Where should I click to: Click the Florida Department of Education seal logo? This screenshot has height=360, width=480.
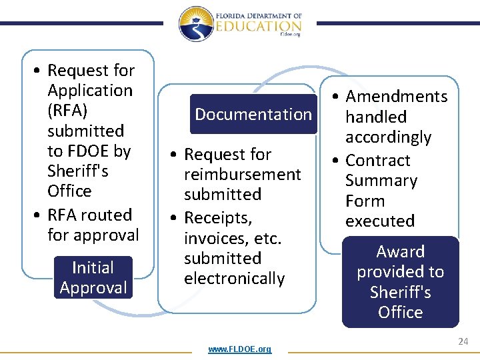point(195,25)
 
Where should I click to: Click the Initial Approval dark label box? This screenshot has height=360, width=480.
point(93,277)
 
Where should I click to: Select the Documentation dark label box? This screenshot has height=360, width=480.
point(253,115)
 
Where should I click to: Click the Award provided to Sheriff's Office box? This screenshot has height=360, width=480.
point(400,282)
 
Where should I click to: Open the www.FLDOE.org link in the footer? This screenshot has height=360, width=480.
point(239,349)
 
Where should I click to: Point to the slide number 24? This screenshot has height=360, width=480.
point(463,341)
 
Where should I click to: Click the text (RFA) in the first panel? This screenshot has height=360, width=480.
point(67,111)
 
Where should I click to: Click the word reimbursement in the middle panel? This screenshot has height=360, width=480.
point(243,175)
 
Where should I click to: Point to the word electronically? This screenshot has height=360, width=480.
point(234,279)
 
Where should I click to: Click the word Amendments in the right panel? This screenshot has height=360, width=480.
point(397,97)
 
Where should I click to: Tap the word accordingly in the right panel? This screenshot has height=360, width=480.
point(388,137)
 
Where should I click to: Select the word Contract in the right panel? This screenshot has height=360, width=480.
point(377,161)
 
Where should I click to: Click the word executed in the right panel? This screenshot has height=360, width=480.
point(379,221)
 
